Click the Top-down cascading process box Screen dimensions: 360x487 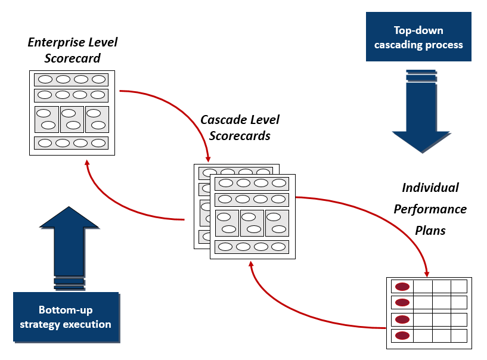418,37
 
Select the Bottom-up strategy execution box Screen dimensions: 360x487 66,316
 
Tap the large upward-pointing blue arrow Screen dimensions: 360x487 69,238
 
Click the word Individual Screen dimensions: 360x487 430,188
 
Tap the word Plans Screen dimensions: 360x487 430,230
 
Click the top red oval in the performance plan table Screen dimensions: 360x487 402,287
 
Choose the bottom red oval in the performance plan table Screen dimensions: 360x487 402,336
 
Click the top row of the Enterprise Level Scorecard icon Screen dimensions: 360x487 72,79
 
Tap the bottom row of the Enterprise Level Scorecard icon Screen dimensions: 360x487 72,143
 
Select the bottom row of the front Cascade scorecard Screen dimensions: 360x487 252,247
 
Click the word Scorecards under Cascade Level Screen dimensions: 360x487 240,136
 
